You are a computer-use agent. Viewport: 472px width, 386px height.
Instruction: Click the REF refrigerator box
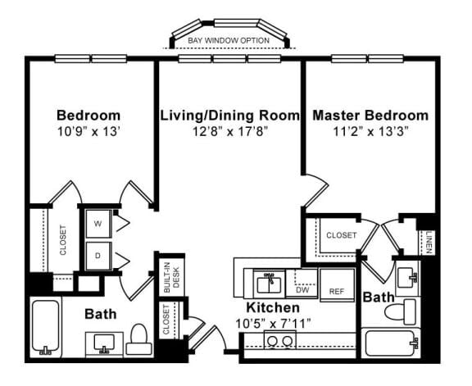tap(336, 291)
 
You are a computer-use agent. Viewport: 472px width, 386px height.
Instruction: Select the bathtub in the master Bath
tap(392, 343)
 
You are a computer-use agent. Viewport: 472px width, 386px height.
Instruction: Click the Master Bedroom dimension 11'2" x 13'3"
tap(370, 130)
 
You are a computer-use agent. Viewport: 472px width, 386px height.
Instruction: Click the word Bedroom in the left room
tap(88, 115)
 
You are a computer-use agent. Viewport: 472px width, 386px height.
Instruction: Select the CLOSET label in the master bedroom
tap(342, 235)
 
